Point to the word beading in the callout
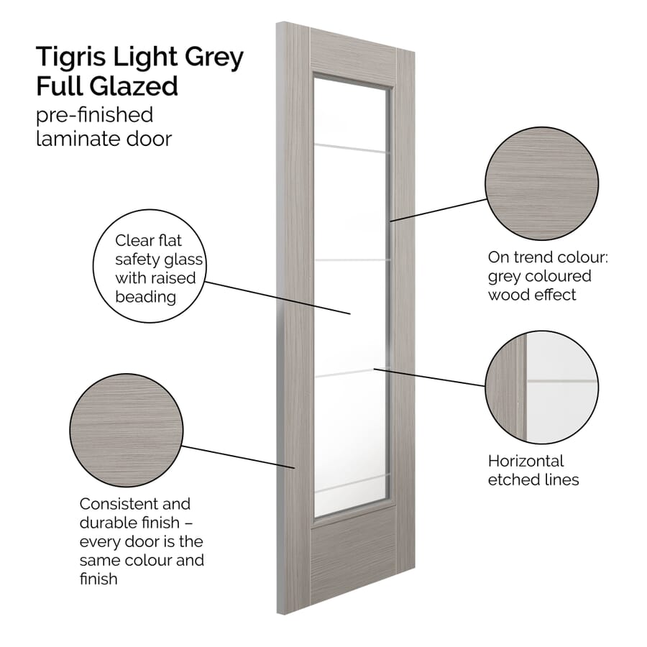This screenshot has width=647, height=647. coord(146,295)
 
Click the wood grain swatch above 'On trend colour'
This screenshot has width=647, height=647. coord(541,183)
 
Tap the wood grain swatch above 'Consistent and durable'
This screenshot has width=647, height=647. coord(126,430)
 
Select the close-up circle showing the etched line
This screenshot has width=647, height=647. coord(541,387)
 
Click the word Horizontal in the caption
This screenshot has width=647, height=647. coord(526,461)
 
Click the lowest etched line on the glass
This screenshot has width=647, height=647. coord(352,482)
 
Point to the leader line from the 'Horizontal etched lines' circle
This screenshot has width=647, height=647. coord(431,377)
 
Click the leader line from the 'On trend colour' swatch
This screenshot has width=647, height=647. coord(439,209)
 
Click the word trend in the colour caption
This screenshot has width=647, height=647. coord(532,257)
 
